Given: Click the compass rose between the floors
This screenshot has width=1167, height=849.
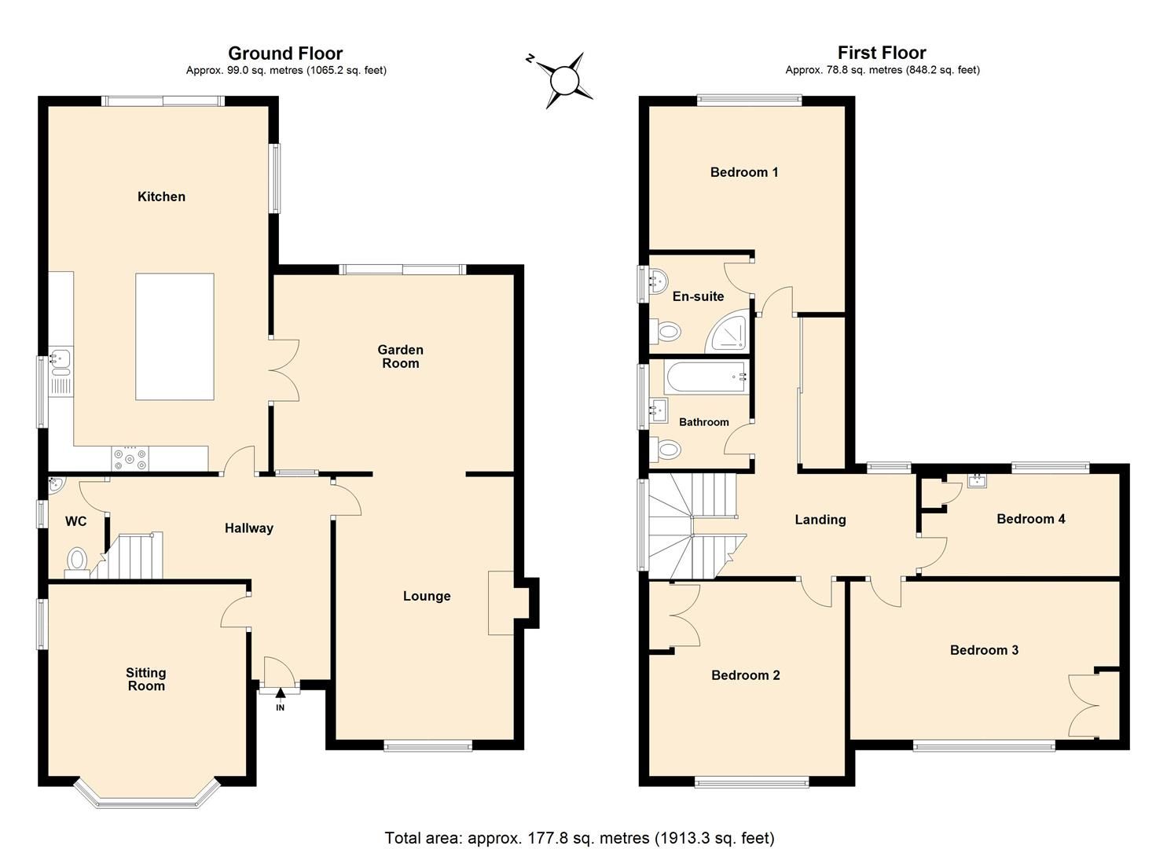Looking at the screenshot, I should [x=563, y=80].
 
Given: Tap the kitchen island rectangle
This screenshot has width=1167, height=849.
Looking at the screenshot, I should [x=174, y=336].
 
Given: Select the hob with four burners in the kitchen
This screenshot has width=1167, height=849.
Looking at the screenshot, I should [x=129, y=458].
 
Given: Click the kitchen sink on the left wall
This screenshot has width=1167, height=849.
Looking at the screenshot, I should [x=60, y=361].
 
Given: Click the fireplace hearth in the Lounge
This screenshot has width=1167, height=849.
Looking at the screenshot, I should [x=501, y=603].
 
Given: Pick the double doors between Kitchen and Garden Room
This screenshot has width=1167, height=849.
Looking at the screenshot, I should [x=284, y=371].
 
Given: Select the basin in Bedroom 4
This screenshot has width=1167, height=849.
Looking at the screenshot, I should [x=977, y=480].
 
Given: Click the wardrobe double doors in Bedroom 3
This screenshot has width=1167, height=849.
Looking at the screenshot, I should [x=1084, y=705].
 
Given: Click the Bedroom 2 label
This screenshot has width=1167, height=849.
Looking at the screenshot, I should [x=745, y=675].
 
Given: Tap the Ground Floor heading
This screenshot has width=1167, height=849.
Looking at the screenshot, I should [x=285, y=53].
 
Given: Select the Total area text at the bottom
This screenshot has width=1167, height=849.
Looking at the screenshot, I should [x=579, y=837].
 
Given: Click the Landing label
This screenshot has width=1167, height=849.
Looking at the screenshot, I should [x=820, y=520].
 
